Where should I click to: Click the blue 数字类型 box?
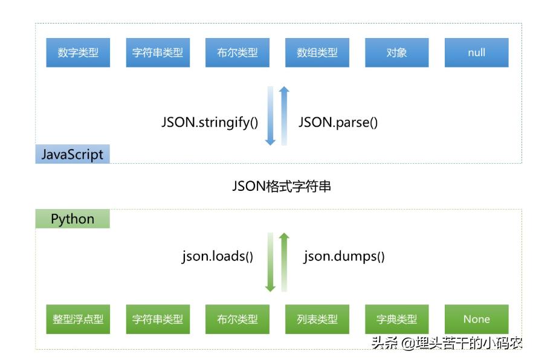(x=78, y=53)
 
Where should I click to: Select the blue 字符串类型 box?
(x=158, y=53)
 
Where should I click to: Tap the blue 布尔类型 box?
(x=237, y=53)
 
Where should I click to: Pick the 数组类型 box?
(x=317, y=53)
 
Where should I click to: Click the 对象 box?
(x=397, y=53)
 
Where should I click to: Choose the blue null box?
(x=477, y=53)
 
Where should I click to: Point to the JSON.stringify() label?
(x=210, y=122)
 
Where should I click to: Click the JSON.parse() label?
(x=338, y=122)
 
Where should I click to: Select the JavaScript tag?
(x=73, y=154)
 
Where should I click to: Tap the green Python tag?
(x=73, y=218)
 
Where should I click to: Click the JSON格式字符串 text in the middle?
(x=282, y=187)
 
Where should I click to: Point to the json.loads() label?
(x=218, y=256)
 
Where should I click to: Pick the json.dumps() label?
(x=344, y=256)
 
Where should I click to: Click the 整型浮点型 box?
(x=78, y=320)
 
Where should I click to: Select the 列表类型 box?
(x=317, y=320)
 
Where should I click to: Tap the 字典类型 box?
(x=397, y=320)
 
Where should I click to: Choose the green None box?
(x=477, y=320)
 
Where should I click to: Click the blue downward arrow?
(x=270, y=116)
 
